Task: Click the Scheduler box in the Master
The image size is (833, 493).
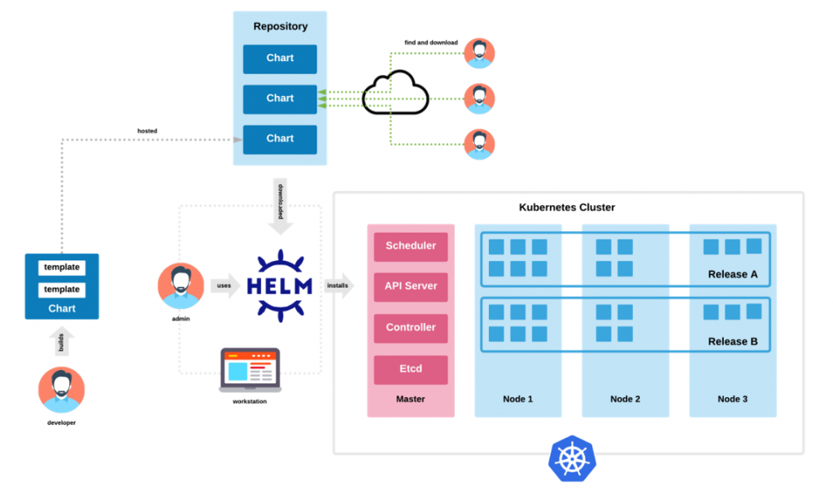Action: [411, 246]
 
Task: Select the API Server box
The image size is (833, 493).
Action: [411, 287]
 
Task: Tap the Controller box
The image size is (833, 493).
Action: [411, 328]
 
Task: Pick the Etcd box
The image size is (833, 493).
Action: [411, 369]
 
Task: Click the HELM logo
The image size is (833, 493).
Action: [280, 286]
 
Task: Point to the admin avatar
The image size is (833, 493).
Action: [181, 286]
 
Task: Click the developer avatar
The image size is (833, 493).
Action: [62, 390]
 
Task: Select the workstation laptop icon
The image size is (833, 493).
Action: [251, 370]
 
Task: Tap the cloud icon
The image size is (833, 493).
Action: [395, 93]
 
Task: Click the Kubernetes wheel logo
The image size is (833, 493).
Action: [572, 459]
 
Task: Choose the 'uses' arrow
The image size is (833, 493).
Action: [225, 286]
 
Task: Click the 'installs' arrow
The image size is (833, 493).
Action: [339, 286]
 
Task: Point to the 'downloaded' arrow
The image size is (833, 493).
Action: [281, 206]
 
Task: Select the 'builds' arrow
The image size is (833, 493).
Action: [62, 341]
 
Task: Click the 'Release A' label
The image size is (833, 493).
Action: [733, 274]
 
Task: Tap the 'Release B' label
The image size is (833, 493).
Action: [733, 342]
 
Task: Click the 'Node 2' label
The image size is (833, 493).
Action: [626, 399]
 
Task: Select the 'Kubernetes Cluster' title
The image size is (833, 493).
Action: [567, 207]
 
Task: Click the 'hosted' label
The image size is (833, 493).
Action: [147, 131]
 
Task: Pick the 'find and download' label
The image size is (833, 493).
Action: [431, 42]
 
